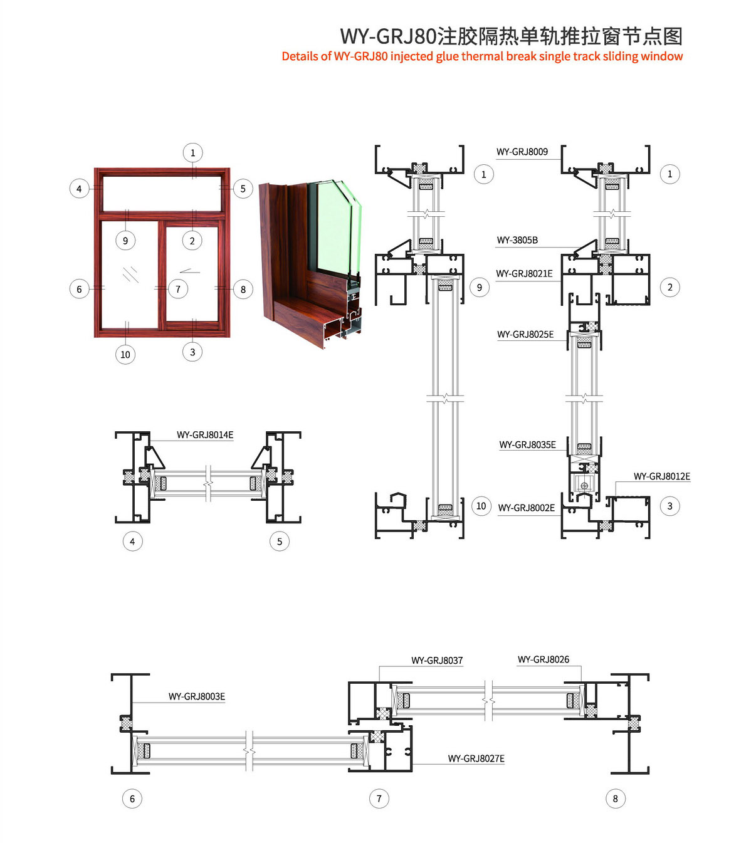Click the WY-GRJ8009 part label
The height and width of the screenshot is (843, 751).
[522, 152]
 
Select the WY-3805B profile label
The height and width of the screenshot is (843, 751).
[517, 240]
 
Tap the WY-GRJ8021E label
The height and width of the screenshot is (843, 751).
[524, 274]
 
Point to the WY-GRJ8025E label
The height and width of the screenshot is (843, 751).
[525, 335]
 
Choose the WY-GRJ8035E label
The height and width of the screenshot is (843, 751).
[527, 445]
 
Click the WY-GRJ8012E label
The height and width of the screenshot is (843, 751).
[661, 476]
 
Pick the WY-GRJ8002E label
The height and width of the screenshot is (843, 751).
[526, 508]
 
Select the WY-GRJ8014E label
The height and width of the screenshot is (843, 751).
[205, 435]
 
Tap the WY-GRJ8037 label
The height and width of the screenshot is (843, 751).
[437, 661]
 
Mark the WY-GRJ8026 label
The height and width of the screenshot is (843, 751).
[544, 659]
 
